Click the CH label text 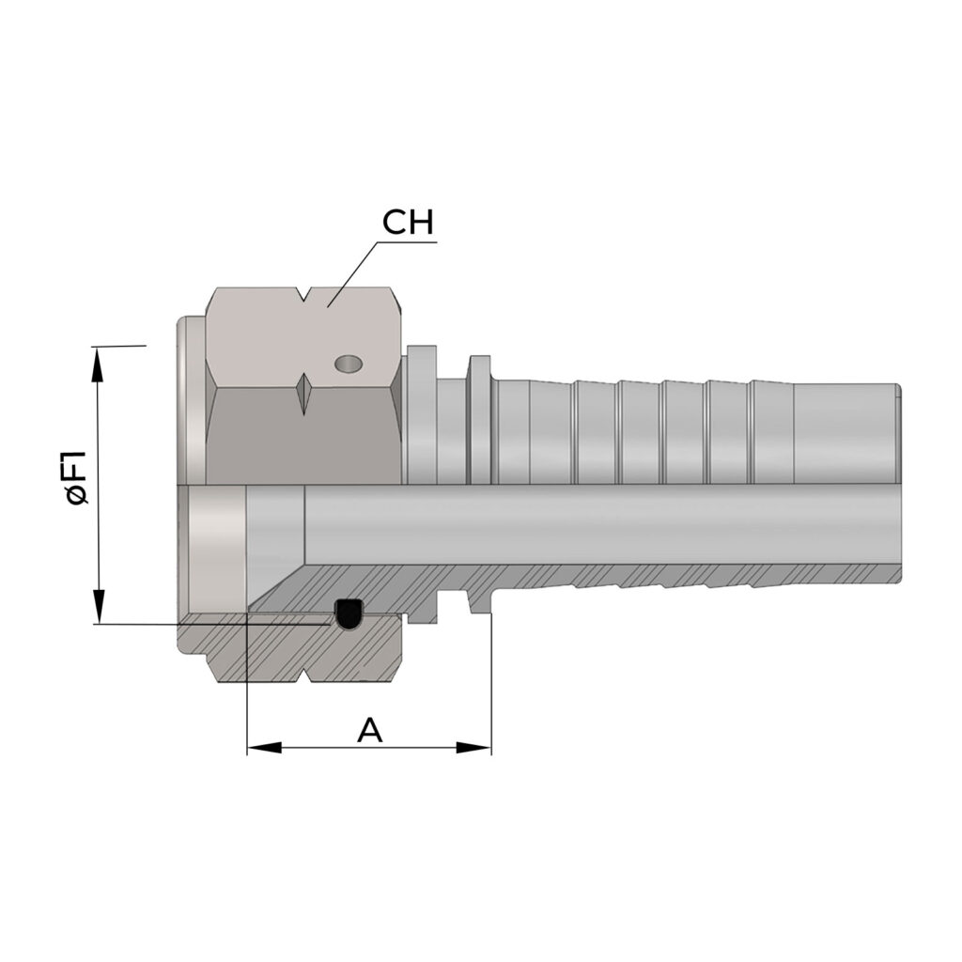[408, 222]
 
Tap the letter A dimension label [370, 729]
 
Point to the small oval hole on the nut [348, 364]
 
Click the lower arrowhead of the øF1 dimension [98, 607]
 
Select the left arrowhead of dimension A [264, 748]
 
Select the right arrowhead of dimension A [473, 748]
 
